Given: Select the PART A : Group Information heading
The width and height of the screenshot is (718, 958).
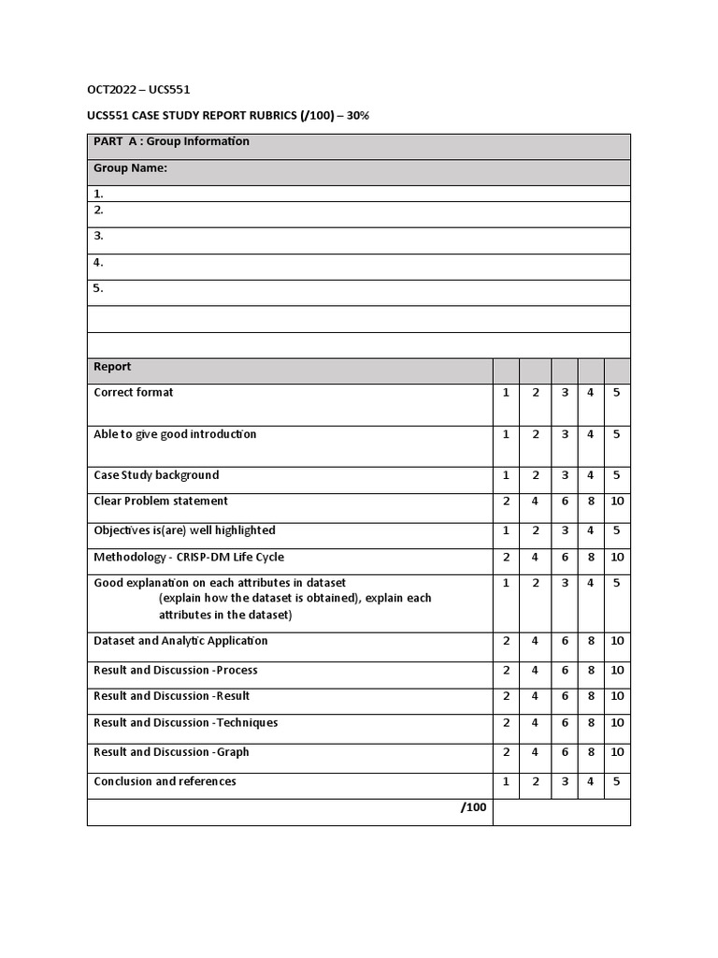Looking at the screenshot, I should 171,142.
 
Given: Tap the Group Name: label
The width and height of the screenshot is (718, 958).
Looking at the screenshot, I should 130,168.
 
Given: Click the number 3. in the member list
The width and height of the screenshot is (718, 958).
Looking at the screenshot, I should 98,237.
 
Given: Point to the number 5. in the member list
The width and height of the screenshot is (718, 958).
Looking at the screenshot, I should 98,289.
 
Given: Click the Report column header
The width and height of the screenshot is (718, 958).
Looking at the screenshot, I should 112,368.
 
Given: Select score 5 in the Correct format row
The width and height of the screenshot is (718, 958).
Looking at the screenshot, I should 616,393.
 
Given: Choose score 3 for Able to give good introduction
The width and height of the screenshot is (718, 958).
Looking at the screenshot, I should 565,435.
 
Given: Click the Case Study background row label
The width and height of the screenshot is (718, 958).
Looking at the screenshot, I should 156,475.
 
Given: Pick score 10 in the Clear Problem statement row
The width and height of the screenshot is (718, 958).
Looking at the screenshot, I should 617,501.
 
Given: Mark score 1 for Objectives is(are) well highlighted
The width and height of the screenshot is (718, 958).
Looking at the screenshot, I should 506,530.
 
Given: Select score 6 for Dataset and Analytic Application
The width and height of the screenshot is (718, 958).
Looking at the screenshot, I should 565,642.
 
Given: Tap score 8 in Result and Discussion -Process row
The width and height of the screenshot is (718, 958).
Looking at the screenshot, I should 591,671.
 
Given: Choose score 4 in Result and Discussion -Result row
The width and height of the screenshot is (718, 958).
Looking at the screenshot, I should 536,696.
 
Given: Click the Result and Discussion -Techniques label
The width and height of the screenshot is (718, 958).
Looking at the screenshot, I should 185,723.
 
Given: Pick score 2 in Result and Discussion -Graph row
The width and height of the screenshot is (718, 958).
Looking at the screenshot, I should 506,752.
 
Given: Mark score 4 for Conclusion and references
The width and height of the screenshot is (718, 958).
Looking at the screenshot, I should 591,782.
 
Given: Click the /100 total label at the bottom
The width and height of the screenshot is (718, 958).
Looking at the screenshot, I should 474,808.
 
